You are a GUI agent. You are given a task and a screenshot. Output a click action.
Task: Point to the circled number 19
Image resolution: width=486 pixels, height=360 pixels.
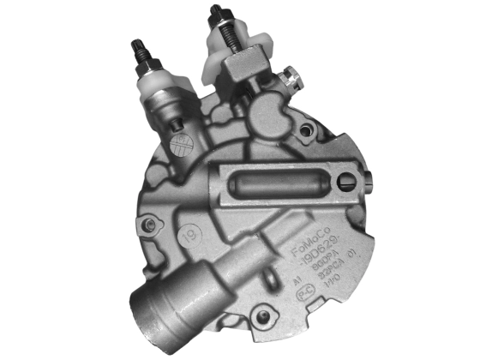click(x=190, y=232)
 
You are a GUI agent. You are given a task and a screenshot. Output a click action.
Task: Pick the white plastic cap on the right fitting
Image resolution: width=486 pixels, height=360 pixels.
click(x=224, y=57)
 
